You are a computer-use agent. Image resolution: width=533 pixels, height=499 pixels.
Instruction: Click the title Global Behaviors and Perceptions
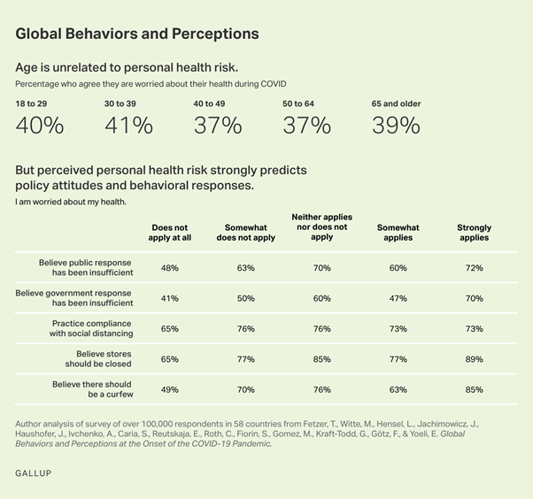tap(137, 34)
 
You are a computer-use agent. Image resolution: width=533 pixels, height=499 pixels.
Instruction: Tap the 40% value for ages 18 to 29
tap(40, 126)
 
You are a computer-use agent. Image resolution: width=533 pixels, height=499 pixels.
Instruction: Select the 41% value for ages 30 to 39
tap(128, 126)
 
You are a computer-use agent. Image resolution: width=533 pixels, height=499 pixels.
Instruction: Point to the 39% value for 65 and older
tap(396, 126)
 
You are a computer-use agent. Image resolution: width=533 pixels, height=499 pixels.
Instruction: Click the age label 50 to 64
tap(298, 104)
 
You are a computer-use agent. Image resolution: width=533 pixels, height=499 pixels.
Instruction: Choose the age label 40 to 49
tap(209, 104)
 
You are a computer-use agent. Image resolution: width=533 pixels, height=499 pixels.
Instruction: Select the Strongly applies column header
tap(474, 233)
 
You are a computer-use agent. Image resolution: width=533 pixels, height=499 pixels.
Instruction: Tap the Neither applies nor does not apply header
tap(321, 226)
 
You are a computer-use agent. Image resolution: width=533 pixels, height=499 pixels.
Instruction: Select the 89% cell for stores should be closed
tap(474, 358)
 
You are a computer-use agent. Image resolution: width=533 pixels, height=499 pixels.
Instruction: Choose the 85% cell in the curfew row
tap(474, 389)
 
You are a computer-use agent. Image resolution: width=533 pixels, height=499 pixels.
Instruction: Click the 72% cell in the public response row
tap(474, 268)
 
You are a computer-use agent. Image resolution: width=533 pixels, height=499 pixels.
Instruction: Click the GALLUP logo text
tap(34, 474)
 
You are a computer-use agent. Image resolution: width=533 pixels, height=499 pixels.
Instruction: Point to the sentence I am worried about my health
tap(71, 202)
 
